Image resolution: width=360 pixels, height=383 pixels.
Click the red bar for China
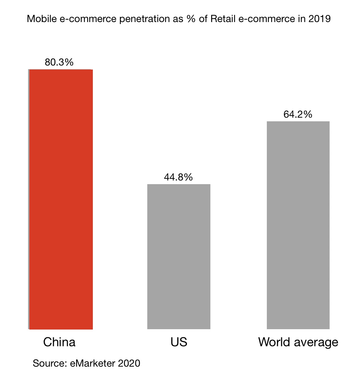(61, 199)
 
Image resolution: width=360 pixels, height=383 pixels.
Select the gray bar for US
(179, 256)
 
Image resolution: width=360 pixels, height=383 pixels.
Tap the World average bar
(298, 225)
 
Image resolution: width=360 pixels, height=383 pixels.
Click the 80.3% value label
(59, 62)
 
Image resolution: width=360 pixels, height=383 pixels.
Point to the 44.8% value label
(178, 177)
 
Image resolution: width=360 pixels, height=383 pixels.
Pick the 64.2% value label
(298, 114)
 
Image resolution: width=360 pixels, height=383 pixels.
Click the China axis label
(59, 342)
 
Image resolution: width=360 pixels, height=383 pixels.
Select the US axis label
(179, 342)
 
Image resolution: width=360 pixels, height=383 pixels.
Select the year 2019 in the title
(319, 19)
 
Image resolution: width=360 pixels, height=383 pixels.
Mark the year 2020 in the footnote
(129, 363)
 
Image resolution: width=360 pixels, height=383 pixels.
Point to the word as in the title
(176, 19)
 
